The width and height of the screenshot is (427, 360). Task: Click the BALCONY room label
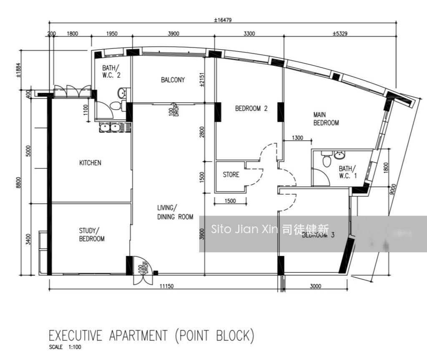coord(173,80)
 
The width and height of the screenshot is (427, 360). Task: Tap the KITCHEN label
coord(90,163)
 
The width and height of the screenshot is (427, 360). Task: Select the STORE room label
coord(231,174)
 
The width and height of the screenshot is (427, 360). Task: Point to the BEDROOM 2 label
coord(251,108)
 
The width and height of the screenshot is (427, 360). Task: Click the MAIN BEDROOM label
coord(326,118)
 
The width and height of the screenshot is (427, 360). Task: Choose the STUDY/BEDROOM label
coord(92,234)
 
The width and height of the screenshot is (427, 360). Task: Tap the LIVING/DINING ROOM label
coord(175,212)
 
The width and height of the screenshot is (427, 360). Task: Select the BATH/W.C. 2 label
coord(111,71)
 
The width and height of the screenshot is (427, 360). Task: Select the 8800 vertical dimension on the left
coord(18,182)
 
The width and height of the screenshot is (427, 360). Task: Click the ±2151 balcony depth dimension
coord(202,80)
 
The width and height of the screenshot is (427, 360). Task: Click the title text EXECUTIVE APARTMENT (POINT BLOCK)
coord(151,336)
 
